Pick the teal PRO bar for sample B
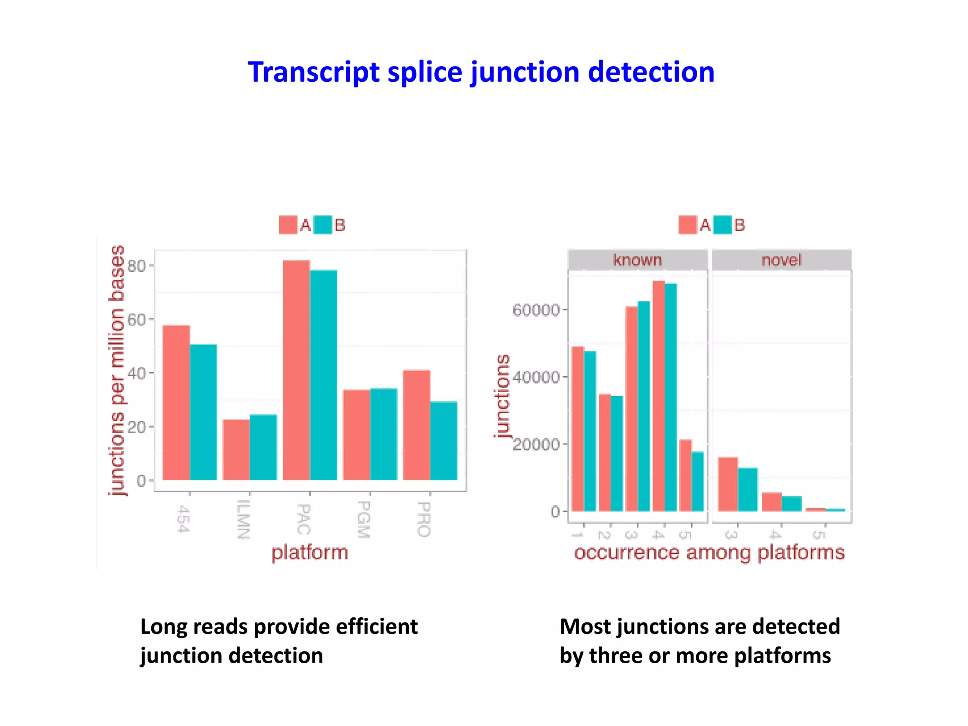pyautogui.click(x=444, y=441)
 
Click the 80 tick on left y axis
pyautogui.click(x=137, y=266)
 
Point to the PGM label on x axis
pyautogui.click(x=363, y=519)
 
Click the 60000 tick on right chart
pyautogui.click(x=536, y=310)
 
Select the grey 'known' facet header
pyautogui.click(x=637, y=260)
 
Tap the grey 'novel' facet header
pyautogui.click(x=781, y=260)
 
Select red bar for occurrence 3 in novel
pyautogui.click(x=727, y=484)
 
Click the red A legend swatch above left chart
pyautogui.click(x=288, y=225)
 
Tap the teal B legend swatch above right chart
pyautogui.click(x=722, y=225)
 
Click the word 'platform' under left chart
pyautogui.click(x=310, y=552)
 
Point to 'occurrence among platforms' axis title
pyautogui.click(x=709, y=552)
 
